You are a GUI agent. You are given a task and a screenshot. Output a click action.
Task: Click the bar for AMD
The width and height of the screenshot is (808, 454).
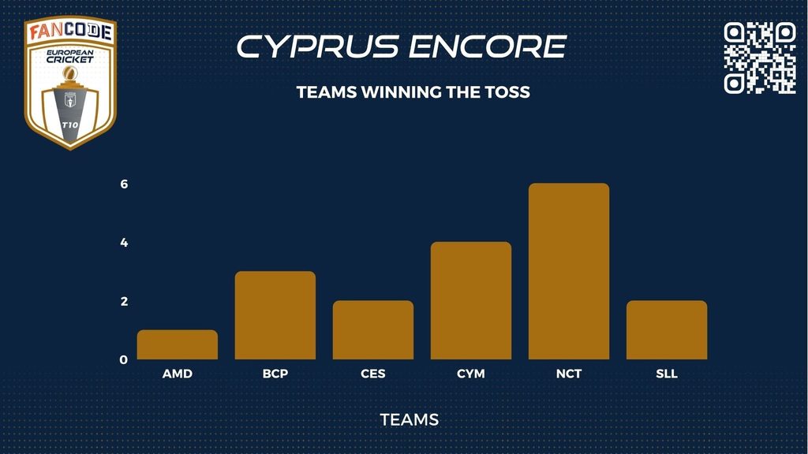coord(178,344)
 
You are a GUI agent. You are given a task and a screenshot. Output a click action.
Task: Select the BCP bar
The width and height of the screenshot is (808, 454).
coord(275,315)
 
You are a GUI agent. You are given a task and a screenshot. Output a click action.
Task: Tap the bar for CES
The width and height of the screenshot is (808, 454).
coord(373,330)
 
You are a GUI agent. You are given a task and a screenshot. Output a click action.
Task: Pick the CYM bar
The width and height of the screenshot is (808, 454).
coord(471,300)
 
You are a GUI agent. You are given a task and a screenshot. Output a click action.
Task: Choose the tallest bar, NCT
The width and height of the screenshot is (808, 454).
coord(569,271)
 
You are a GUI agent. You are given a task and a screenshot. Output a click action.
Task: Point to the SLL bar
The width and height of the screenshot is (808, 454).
coord(667,330)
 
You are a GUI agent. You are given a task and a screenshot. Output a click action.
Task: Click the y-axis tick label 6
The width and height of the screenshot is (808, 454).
coord(124,184)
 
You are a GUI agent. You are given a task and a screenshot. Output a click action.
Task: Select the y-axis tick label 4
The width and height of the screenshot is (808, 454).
coord(124,243)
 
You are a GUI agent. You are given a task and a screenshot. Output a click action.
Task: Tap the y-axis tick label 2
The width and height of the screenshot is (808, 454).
coord(124,301)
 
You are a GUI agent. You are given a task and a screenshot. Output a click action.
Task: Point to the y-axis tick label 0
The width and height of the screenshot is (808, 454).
coord(124,359)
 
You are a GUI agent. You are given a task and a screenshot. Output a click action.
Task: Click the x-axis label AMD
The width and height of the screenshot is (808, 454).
coord(178,374)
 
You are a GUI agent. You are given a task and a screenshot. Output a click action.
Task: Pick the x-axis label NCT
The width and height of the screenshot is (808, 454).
coord(569,374)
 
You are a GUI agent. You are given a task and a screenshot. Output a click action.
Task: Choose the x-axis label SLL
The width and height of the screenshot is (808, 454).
coord(667,374)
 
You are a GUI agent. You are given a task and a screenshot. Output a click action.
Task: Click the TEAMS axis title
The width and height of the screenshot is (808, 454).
coord(410,420)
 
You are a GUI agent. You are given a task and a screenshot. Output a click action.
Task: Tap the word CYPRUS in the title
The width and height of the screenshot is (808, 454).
coord(318,47)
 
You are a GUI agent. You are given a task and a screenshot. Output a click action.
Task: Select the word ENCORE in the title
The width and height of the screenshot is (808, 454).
coord(488,47)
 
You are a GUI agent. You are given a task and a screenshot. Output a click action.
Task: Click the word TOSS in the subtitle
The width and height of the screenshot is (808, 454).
coord(507,92)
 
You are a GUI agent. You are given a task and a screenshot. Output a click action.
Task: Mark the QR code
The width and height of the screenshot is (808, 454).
coord(760,58)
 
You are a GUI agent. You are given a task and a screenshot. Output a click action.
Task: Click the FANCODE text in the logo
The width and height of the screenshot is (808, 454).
coord(70,32)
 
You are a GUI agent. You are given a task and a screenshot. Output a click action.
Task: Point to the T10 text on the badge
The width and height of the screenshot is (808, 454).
coord(70,125)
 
